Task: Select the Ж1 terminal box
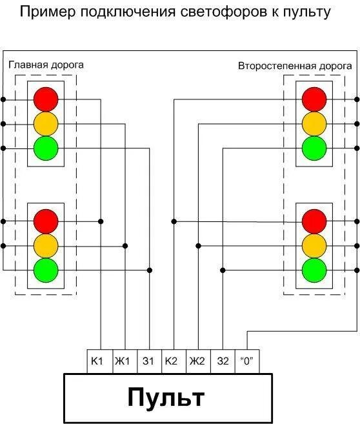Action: (x=124, y=361)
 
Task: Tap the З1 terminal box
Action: (x=148, y=361)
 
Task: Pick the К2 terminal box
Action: (x=173, y=361)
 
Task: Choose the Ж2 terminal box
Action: (x=198, y=361)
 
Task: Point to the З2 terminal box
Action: (x=223, y=361)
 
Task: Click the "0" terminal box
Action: (x=247, y=361)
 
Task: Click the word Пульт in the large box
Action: (x=166, y=397)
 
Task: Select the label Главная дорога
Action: (x=46, y=65)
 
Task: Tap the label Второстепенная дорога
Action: (x=295, y=66)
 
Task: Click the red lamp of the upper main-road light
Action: (x=46, y=99)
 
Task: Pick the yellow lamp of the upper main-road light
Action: (x=46, y=123)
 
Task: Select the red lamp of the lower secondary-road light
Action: (x=314, y=221)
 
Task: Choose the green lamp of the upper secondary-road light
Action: (x=314, y=148)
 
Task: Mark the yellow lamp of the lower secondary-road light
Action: (x=314, y=245)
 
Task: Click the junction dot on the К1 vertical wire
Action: (x=101, y=221)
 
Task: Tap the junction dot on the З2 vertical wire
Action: (x=223, y=270)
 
